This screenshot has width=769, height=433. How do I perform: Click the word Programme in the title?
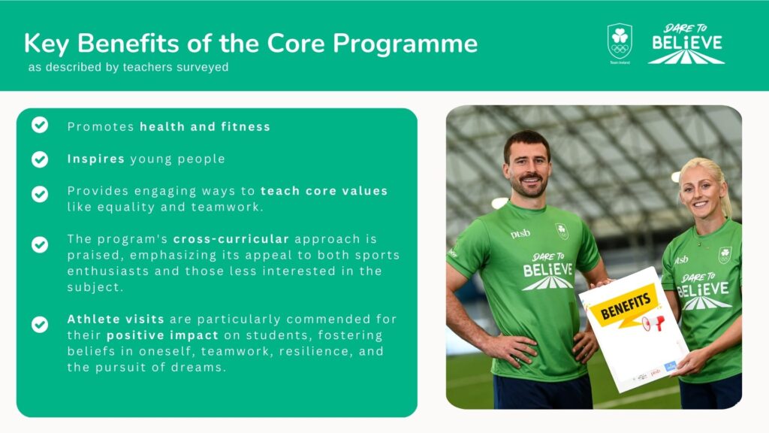click(x=405, y=44)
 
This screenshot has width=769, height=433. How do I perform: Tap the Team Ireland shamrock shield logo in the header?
click(x=620, y=42)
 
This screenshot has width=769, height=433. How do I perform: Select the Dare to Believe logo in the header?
click(x=686, y=44)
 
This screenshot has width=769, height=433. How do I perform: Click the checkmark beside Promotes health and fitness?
click(x=40, y=126)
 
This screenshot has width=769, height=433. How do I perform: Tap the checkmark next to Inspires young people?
click(x=40, y=159)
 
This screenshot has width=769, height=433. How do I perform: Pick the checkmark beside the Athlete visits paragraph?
click(x=40, y=325)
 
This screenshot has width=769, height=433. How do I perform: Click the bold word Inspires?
click(x=96, y=159)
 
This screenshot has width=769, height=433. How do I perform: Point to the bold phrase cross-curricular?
click(x=231, y=239)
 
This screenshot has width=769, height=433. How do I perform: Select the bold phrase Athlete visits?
click(x=116, y=319)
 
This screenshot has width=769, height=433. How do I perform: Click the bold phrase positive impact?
click(x=162, y=335)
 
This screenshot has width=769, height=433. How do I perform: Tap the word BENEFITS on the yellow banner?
click(x=626, y=305)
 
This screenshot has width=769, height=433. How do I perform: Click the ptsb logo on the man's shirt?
click(x=520, y=234)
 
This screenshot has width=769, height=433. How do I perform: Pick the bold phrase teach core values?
click(x=324, y=191)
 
